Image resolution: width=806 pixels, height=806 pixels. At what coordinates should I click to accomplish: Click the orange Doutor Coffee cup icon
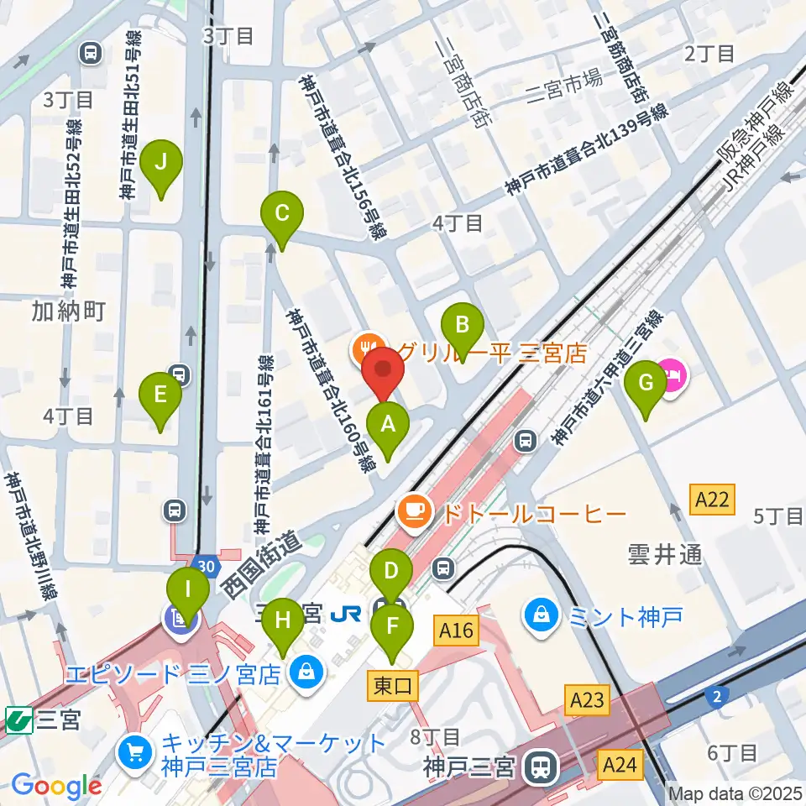click(413, 511)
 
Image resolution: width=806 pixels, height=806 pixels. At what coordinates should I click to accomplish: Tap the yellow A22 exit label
click(712, 501)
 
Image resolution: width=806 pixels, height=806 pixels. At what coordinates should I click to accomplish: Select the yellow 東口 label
click(391, 686)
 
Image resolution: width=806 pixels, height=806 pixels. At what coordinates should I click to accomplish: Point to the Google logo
click(57, 787)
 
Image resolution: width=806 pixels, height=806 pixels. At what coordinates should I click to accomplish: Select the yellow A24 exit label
click(620, 765)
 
